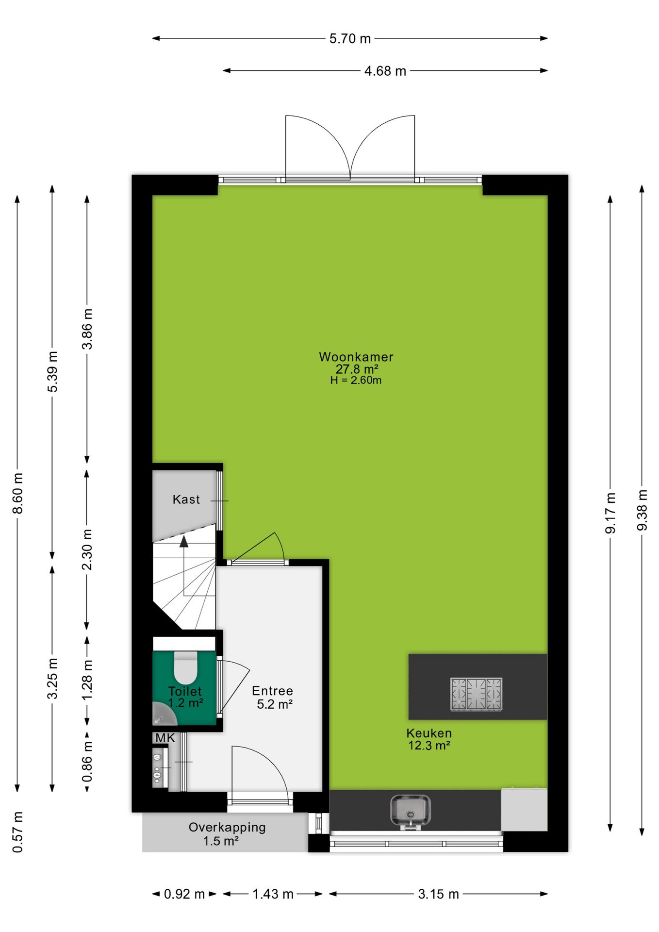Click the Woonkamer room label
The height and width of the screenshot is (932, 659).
click(356, 357)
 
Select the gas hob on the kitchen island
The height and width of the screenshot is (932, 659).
click(476, 694)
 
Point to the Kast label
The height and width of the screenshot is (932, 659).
click(186, 499)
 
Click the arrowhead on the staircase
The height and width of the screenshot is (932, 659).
click(184, 542)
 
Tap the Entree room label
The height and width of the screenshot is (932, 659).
click(272, 691)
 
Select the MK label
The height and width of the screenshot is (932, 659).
click(165, 738)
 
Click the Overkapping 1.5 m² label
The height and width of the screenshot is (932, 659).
click(227, 834)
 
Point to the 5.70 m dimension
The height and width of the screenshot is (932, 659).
click(350, 38)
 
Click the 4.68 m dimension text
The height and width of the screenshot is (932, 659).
click(385, 71)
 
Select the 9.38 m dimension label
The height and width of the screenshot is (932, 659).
click(642, 510)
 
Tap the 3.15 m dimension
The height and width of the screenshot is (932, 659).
click(438, 894)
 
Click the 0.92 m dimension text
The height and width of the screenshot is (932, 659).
click(184, 894)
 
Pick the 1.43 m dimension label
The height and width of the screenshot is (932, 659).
click(273, 894)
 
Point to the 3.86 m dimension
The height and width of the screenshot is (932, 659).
click(87, 329)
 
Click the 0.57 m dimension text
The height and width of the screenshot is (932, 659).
click(17, 832)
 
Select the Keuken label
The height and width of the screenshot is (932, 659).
click(429, 733)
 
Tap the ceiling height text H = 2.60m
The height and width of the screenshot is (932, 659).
click(356, 381)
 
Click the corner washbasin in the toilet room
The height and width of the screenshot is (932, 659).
click(162, 715)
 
